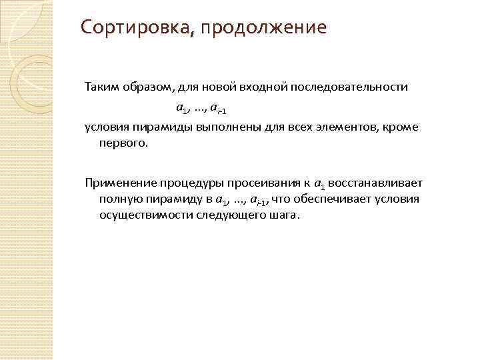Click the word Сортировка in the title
point(133,28)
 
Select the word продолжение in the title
point(261,28)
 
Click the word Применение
point(117,182)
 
